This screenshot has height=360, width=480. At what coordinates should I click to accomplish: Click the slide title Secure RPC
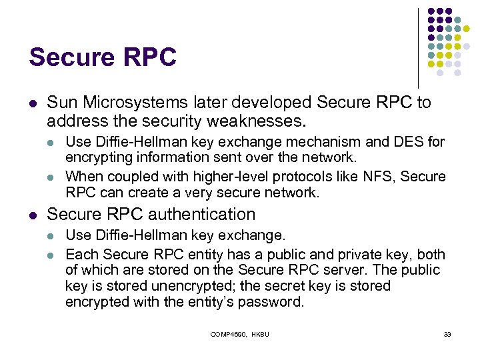(102, 57)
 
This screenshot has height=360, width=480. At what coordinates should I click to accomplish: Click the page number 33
(447, 334)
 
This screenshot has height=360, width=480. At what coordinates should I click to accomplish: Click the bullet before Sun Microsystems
(32, 103)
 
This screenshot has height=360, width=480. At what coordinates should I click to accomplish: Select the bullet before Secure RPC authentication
(32, 215)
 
